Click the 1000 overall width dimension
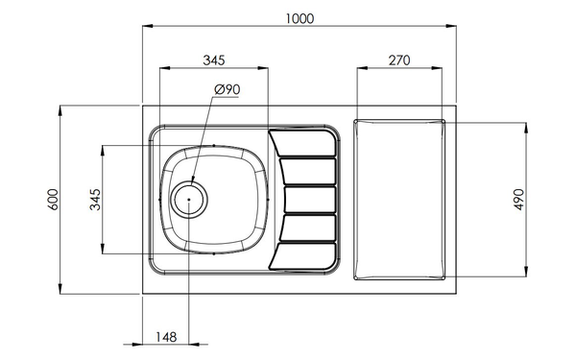pos(300,18)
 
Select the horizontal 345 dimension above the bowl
pos(214,60)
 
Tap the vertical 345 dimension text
pos(95,200)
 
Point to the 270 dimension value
pos(399,60)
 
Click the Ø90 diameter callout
pos(227,89)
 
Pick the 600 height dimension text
pos(53,200)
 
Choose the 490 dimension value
pos(518,200)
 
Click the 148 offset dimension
pos(166,337)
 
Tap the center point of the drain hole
pos(189,200)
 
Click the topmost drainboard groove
pos(302,142)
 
